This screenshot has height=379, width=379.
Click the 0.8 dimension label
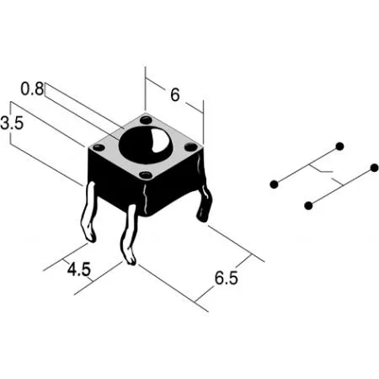point(32,89)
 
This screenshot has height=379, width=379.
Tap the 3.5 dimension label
point(12,123)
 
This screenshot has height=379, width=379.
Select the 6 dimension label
point(174,94)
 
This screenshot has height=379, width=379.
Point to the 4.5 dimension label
point(79,270)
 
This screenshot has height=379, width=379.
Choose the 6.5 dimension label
point(226,278)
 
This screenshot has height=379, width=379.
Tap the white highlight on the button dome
point(157,141)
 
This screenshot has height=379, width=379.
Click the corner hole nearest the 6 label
point(146,120)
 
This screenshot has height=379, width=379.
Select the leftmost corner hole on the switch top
point(99,147)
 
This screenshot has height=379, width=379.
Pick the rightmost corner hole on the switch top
point(190,147)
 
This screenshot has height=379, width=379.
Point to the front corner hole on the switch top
point(146,175)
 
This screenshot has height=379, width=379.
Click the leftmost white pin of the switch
point(89,212)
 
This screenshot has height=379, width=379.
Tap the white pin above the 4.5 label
point(129,235)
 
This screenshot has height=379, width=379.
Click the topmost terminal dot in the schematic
point(339,147)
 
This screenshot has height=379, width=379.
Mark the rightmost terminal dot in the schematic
point(374,168)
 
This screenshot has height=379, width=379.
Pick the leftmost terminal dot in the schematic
point(274,184)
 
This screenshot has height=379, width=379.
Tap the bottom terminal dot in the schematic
point(308,206)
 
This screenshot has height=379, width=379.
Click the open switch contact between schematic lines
point(326,174)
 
